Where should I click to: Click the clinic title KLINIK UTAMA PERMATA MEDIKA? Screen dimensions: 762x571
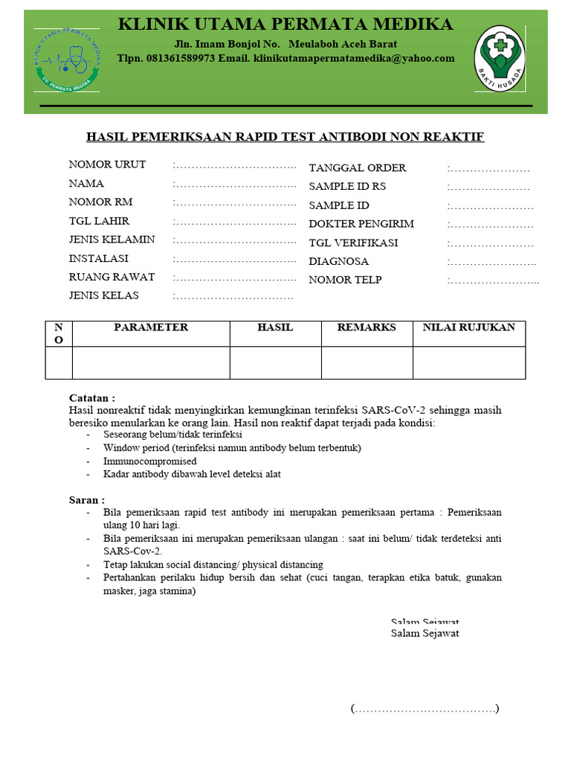(x=285, y=25)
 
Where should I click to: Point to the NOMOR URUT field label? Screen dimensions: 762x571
(x=107, y=164)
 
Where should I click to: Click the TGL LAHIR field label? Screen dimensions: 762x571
(x=99, y=221)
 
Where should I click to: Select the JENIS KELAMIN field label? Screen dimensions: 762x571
(x=112, y=240)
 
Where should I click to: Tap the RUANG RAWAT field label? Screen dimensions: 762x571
(x=112, y=277)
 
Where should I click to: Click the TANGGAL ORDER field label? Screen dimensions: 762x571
(x=357, y=168)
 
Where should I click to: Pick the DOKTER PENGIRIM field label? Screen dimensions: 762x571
(x=361, y=224)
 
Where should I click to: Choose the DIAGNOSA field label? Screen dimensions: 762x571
(x=338, y=261)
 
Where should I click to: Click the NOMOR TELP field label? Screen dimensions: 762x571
(x=345, y=280)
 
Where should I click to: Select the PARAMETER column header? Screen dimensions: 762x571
(x=151, y=327)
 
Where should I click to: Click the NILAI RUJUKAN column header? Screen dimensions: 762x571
(x=468, y=327)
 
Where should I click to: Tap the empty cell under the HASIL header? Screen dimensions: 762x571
(x=275, y=362)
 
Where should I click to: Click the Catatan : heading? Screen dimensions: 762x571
(x=92, y=398)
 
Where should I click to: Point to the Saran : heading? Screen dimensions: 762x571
(x=87, y=500)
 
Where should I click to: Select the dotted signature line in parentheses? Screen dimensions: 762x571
(x=425, y=708)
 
